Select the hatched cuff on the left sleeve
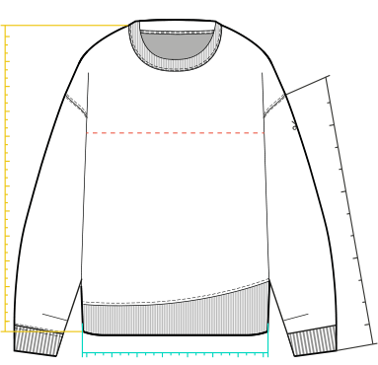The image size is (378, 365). click(36, 341)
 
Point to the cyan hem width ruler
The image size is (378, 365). click(175, 352)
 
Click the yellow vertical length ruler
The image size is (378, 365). click(6, 178)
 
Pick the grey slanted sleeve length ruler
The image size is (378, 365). click(351, 212)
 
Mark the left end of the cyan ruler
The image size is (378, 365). click(82, 352)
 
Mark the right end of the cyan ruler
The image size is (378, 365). click(268, 352)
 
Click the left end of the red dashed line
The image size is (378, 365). click(88, 132)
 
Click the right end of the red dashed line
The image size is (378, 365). click(265, 132)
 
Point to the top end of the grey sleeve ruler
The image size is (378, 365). click(327, 78)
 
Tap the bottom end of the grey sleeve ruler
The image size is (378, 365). click(374, 344)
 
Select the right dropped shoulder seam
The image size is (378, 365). click(277, 100)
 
